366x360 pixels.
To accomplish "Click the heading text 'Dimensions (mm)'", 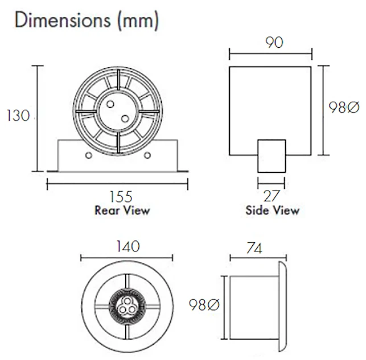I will [87, 21].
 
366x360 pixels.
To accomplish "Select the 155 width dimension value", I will [121, 197].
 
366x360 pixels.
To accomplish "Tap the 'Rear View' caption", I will [122, 210].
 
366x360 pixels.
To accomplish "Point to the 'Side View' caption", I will [272, 210].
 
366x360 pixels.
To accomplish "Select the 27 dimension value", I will [272, 196].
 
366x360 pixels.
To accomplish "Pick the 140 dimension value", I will [127, 246].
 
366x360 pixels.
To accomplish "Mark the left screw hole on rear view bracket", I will [89, 155].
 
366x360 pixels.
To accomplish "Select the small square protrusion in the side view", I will [271, 156].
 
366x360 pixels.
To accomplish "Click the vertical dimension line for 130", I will [39, 117].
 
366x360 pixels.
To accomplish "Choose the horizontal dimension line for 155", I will [117, 183].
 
